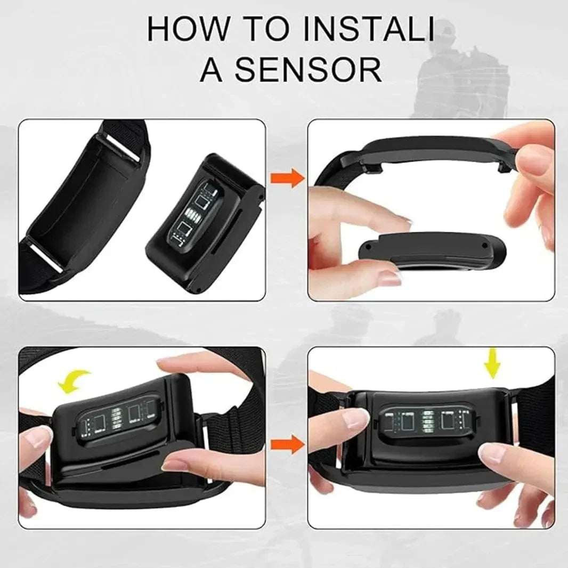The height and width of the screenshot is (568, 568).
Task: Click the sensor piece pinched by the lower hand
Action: click(x=432, y=250)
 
